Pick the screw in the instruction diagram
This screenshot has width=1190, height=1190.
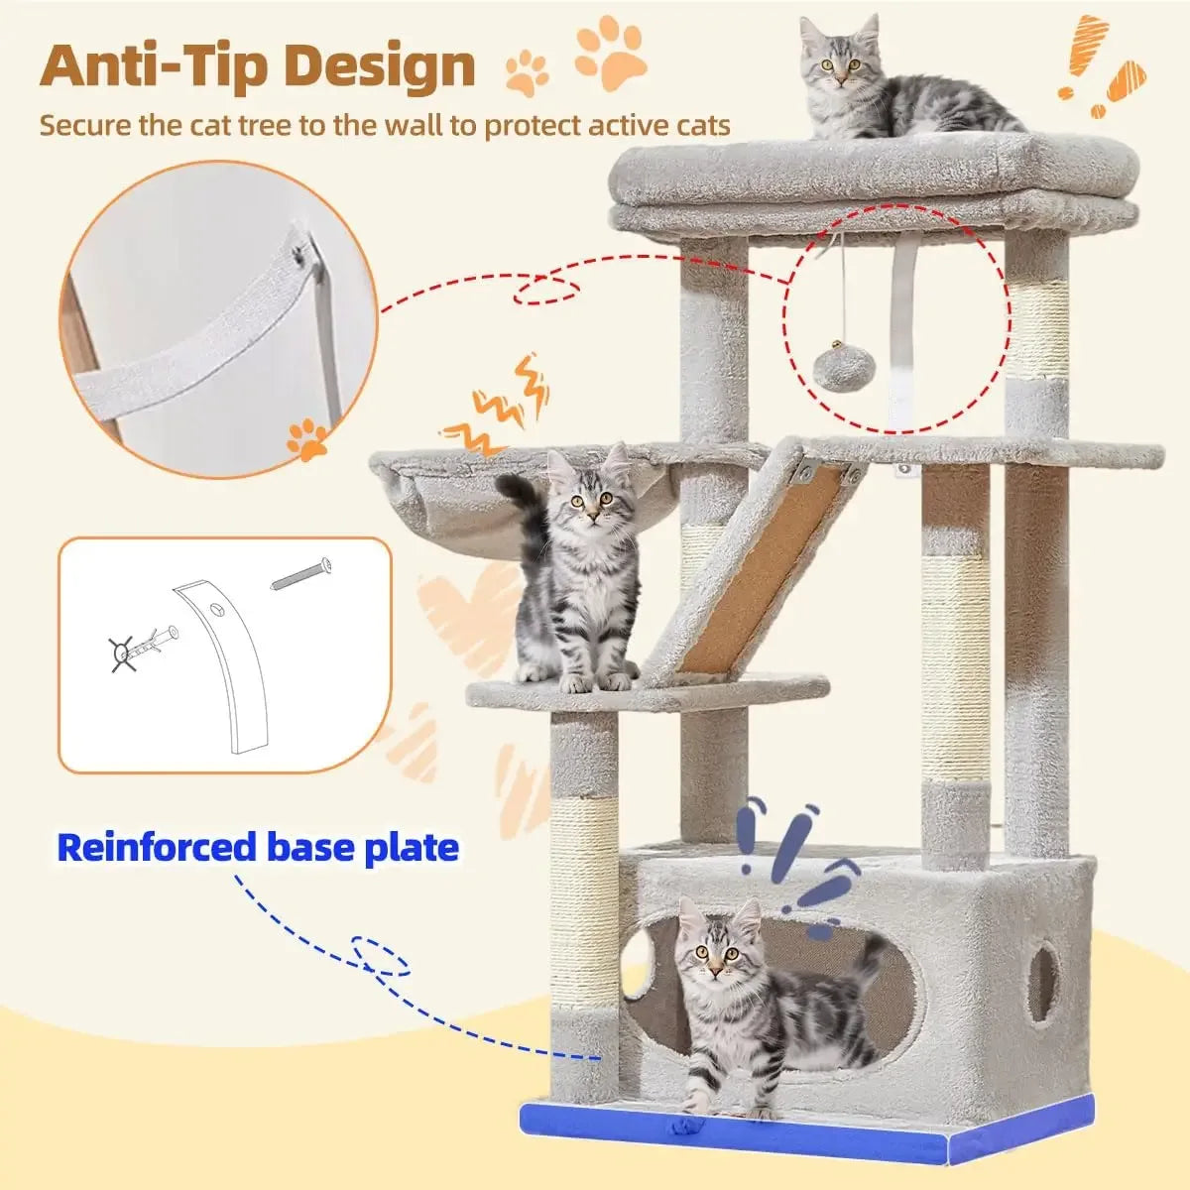pyautogui.click(x=300, y=574)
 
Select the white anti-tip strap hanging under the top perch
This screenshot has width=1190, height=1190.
pyautogui.click(x=903, y=327)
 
